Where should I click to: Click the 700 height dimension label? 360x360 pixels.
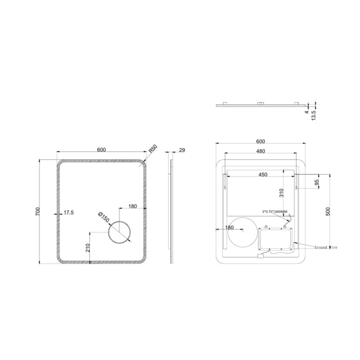coord(38,211)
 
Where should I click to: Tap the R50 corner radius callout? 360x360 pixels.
coord(153,149)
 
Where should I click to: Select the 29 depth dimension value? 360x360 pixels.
coord(182,150)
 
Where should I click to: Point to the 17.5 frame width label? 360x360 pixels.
coord(68,212)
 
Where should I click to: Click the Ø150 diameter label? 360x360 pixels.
coord(104,217)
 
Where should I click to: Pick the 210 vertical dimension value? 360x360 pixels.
coord(88,248)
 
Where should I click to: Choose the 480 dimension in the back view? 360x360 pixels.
coord(260,151)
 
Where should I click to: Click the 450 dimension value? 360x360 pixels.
coord(263,174)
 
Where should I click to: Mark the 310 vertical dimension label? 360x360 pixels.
coord(282,193)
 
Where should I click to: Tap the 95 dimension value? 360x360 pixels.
coord(317,183)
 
